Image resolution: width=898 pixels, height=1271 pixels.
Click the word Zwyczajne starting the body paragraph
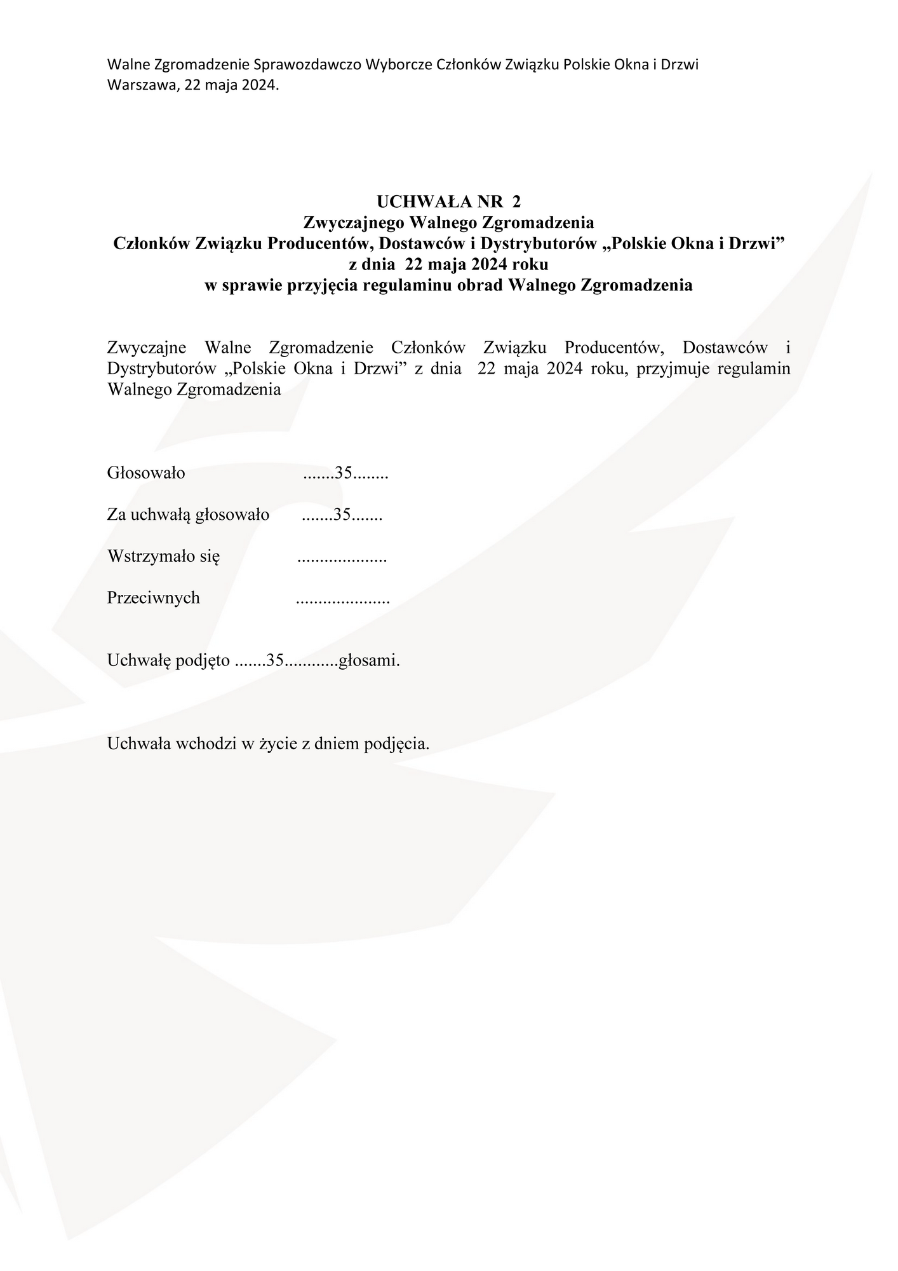click(x=147, y=348)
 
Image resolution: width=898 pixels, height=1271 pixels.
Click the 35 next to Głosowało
click(x=344, y=473)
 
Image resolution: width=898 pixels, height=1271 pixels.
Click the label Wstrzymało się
click(x=163, y=556)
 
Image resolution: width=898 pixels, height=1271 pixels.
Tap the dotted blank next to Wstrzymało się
click(x=342, y=559)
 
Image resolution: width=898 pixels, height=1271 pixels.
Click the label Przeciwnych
click(x=153, y=597)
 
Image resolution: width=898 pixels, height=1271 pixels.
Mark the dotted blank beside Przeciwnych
click(x=343, y=601)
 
